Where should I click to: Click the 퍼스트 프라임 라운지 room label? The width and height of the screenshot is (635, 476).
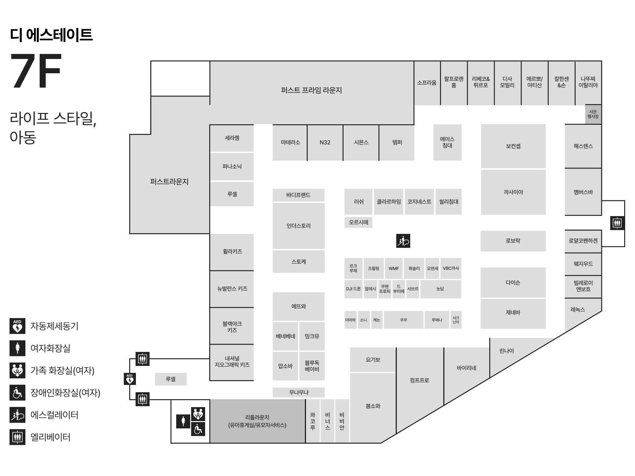coord(311,90)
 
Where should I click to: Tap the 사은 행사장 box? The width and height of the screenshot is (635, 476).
coord(593,114)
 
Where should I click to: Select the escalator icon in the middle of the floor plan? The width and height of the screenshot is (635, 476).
coord(403,241)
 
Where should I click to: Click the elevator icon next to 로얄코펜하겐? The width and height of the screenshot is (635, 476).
coord(617,223)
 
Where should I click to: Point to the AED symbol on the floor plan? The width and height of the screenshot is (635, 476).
coord(130,379)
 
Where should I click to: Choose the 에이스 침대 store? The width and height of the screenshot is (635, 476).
coord(447,142)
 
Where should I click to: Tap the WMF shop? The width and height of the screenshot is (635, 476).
coord(394,268)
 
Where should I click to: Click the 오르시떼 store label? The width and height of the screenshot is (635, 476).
coord(358,222)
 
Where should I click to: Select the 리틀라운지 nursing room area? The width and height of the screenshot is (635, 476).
coord(257,421)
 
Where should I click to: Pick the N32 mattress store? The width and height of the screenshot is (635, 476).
coord(325,142)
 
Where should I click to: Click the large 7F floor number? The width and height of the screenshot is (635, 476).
coord(36,71)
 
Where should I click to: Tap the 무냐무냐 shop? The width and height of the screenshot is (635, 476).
coord(298,393)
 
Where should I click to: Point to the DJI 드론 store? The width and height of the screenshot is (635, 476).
coord(353,289)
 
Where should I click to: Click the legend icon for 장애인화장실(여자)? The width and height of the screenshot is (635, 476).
coord(17,393)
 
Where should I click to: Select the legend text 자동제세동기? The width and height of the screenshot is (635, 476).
coord(54,326)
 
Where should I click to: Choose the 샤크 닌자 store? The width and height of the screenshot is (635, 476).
coord(456,320)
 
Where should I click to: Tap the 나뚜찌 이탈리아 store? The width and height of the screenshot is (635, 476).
coord(588,83)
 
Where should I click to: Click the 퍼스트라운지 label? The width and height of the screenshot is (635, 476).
coord(169,182)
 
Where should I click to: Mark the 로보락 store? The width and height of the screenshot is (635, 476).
coord(513,241)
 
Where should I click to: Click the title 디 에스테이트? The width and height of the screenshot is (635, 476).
coord(51,35)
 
